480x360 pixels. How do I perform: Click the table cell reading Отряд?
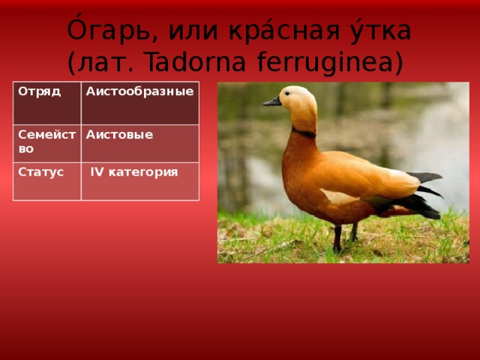(47, 103)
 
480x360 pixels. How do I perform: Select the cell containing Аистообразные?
(140, 103)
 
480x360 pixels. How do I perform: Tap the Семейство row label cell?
(47, 143)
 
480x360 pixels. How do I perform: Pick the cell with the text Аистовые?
(140, 143)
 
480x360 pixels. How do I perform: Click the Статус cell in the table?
(47, 181)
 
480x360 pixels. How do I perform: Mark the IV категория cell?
(140, 181)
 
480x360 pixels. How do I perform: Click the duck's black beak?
(272, 102)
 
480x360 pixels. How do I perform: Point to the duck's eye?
(287, 93)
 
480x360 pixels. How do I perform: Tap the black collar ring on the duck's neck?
(304, 133)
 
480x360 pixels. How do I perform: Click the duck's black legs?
(345, 237)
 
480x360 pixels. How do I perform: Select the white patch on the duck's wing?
(340, 197)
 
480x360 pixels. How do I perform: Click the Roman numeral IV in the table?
(97, 172)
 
